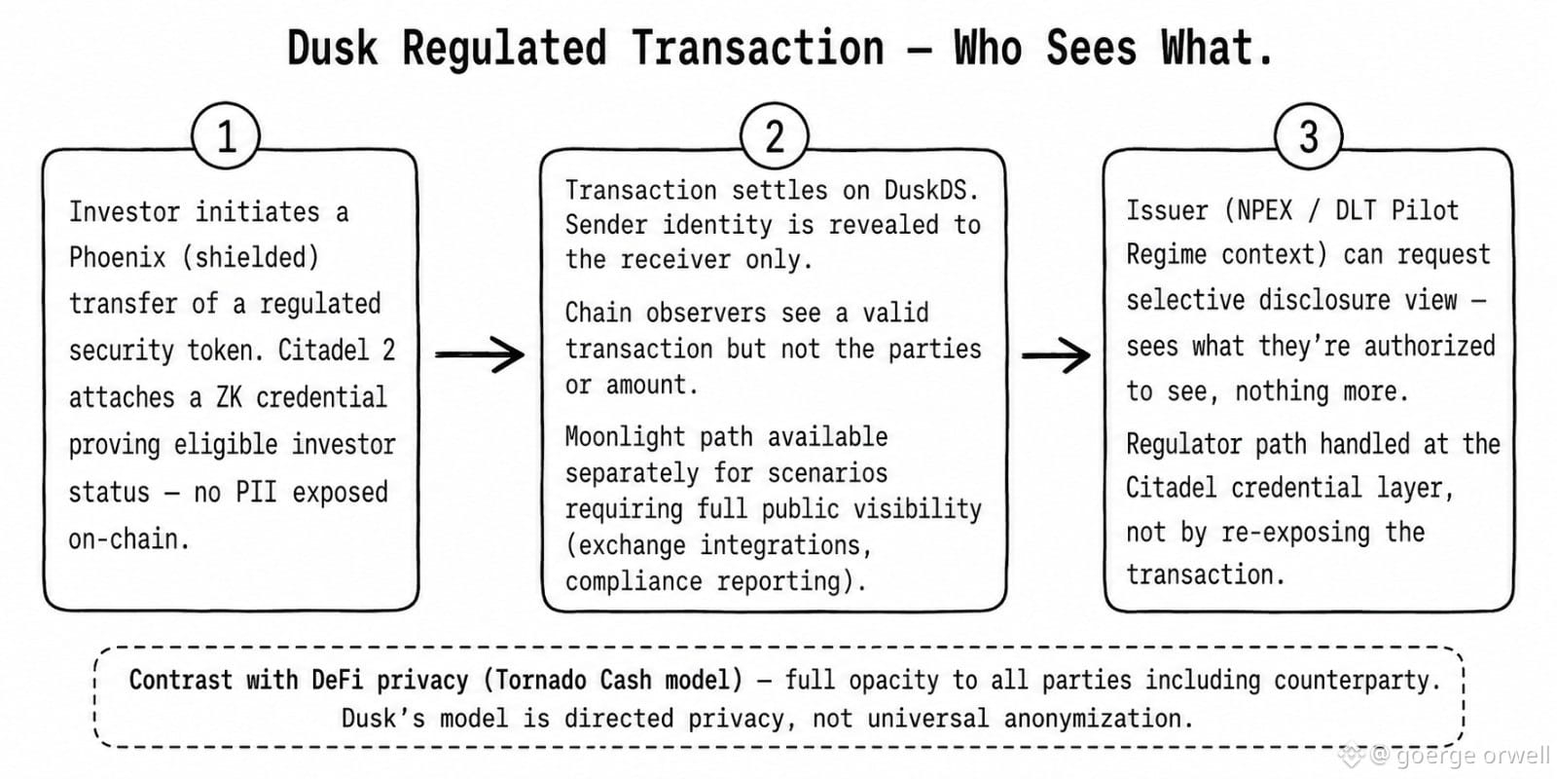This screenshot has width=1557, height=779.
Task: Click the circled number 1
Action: click(226, 136)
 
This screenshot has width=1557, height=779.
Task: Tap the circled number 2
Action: click(775, 136)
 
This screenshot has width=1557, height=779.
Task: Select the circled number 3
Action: click(1308, 136)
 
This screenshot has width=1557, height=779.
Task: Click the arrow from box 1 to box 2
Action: click(480, 354)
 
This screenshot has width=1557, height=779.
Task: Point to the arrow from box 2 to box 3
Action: click(1056, 355)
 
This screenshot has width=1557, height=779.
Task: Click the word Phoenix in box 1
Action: click(118, 257)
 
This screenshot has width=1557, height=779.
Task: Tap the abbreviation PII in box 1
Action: click(257, 492)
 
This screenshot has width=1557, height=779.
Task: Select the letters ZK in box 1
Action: click(229, 397)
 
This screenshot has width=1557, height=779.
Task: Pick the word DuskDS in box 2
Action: click(931, 190)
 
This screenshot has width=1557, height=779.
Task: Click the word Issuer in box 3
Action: click(1167, 210)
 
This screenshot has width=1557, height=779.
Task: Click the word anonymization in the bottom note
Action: click(1099, 718)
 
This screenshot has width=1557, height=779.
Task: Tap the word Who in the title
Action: click(988, 48)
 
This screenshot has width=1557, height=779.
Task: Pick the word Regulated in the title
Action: click(504, 49)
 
